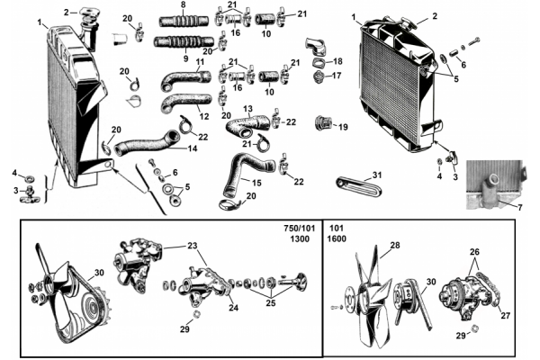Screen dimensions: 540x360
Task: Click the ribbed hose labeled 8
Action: coord(184,21)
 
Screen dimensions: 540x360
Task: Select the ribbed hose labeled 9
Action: coord(184,42)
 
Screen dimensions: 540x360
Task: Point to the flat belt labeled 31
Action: coord(359,186)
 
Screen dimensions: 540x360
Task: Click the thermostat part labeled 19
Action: coord(323,123)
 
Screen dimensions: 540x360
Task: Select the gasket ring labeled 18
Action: coord(319,64)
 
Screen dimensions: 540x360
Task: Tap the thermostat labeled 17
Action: coord(319,76)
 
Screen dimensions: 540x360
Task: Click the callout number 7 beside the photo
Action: coord(519,207)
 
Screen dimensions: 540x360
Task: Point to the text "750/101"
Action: coord(300,229)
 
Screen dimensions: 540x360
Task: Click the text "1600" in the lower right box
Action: coord(337,238)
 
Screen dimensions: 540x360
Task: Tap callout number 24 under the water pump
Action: coord(233,308)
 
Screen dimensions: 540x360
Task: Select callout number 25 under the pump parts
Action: coord(271,302)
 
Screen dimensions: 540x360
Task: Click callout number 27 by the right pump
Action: coord(505,315)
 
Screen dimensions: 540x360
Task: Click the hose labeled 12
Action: coord(186,103)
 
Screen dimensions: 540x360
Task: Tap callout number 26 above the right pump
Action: coord(474,252)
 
